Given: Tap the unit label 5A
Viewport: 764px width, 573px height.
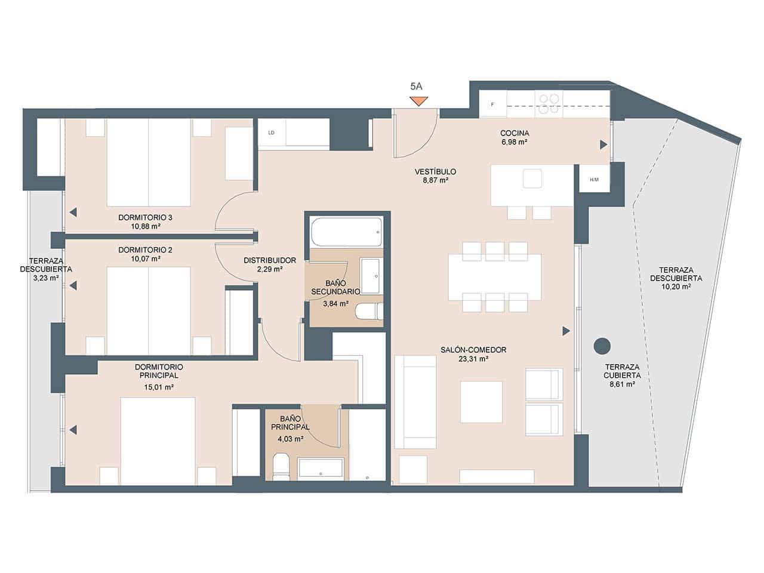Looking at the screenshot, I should [x=416, y=86].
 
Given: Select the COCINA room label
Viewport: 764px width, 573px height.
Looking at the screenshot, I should [x=515, y=133].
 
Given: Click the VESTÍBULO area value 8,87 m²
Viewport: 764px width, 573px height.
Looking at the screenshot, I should [x=435, y=180].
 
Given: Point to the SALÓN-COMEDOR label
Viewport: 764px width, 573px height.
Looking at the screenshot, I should [x=473, y=350].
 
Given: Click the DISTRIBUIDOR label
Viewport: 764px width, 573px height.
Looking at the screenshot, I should [x=270, y=260].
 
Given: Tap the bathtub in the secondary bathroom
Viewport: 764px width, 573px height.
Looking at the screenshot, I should [x=346, y=232].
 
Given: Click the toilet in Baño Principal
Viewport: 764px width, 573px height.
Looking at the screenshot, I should [x=280, y=467].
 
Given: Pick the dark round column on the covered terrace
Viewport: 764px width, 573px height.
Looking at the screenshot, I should [x=602, y=346].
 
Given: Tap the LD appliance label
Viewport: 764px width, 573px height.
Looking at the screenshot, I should [x=271, y=133].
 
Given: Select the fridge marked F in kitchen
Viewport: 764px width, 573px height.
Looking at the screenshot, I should [x=492, y=104].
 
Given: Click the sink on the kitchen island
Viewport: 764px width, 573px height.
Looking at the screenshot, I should [x=532, y=178].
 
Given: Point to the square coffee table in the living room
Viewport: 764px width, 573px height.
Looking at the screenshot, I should [x=480, y=402].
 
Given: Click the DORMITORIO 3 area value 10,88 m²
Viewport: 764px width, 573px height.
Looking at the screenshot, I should [x=145, y=226].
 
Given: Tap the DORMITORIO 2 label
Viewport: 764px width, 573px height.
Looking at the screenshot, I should [x=145, y=249].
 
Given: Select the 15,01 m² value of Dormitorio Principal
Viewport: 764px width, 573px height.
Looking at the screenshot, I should [x=158, y=387].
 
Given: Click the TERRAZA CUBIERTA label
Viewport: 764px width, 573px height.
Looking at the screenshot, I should [x=623, y=371].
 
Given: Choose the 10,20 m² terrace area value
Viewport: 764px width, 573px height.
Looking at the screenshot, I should [x=676, y=286].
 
